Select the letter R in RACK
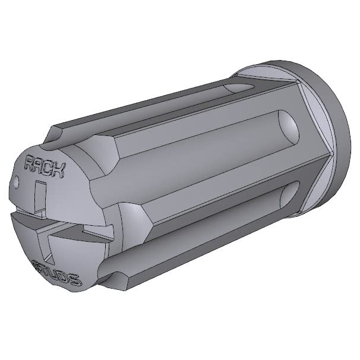coord(29,162)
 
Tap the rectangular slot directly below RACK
coord(40,196)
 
